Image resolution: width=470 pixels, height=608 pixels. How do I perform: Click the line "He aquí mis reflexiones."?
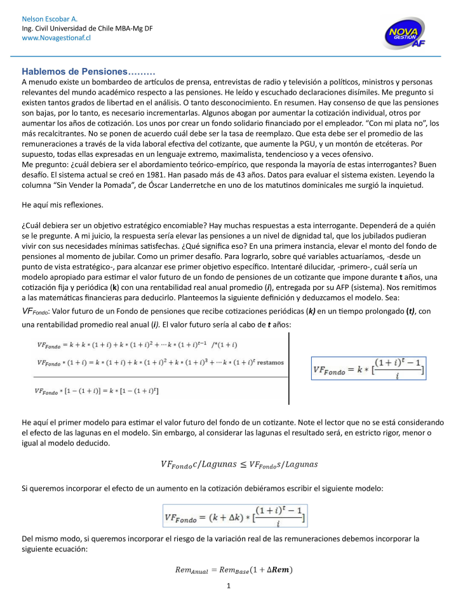click(62, 205)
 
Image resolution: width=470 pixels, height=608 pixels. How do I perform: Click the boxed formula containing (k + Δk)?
click(234, 519)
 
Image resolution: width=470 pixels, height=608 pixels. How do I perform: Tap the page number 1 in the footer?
click(228, 586)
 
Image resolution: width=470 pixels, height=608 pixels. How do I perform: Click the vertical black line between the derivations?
click(289, 368)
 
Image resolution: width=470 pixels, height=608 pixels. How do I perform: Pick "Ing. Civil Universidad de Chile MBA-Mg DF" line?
click(87, 29)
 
